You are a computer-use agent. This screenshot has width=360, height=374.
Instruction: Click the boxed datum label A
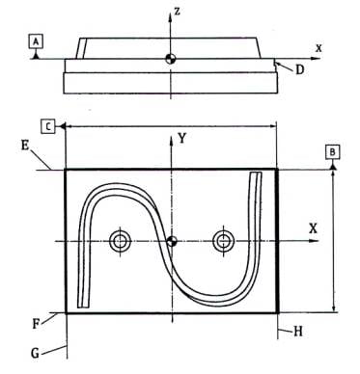tap(37, 41)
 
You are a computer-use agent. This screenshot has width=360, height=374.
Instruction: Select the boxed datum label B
tap(332, 152)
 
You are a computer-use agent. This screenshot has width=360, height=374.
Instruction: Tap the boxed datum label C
tap(48, 126)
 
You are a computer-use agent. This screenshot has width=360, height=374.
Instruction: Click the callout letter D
tap(299, 69)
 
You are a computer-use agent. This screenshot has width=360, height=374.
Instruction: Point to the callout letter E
tap(25, 146)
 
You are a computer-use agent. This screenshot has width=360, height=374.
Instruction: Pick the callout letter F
tap(36, 323)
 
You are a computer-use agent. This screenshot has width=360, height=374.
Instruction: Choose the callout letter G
tap(35, 353)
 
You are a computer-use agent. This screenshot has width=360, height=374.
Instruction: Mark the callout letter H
tap(298, 332)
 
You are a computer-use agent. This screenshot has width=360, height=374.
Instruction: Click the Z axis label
tap(177, 12)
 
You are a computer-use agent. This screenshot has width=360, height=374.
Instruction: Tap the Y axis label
tap(182, 139)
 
